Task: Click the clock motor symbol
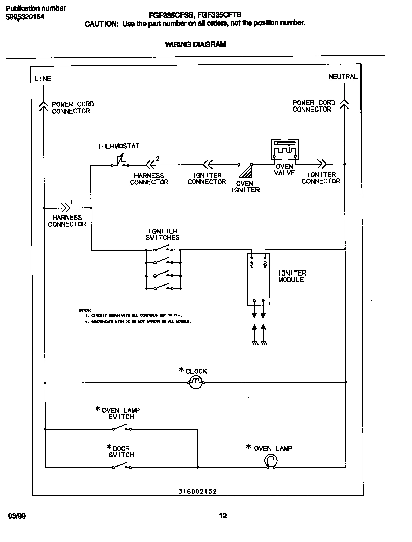pos(196,383)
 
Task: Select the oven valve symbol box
pos(284,150)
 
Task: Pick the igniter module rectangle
pos(258,278)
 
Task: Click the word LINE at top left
pos(43,79)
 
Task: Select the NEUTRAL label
pos(343,77)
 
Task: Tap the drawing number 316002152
pos(198,491)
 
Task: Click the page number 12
pos(223,515)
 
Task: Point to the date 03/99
pos(17,516)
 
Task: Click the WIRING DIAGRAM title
pos(195,44)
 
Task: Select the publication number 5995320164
pos(25,16)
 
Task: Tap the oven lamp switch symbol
pos(122,428)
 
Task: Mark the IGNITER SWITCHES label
pos(163,234)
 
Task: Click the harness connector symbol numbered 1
pos(66,207)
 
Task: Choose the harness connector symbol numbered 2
pos(150,164)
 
